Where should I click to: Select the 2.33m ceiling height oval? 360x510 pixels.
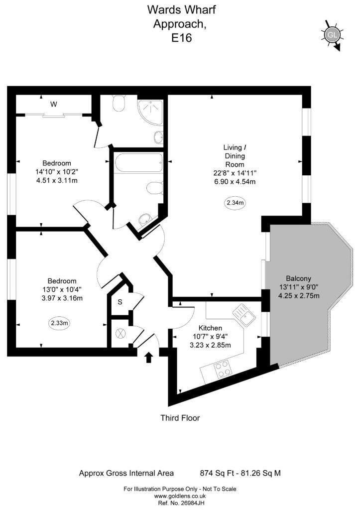[60, 323]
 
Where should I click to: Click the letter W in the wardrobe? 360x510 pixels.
[53, 104]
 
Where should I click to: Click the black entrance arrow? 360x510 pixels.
[148, 358]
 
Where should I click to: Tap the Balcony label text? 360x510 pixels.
[299, 278]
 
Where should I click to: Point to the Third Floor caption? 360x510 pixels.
[180, 418]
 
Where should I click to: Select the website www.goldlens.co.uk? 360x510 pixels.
[180, 496]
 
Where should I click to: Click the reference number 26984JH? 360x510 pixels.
[180, 503]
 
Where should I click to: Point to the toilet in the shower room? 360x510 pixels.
[119, 103]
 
